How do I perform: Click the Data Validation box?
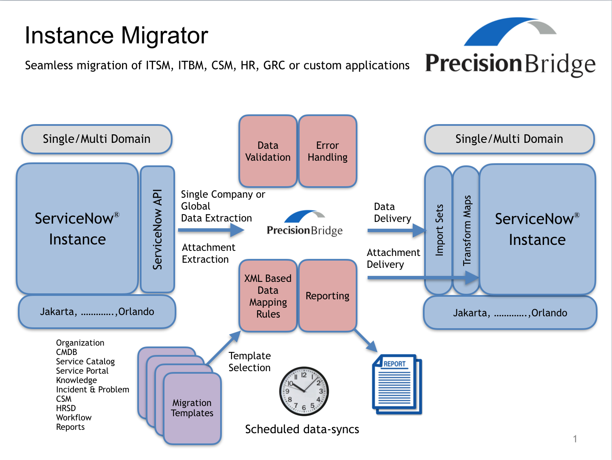268,151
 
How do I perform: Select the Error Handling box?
327,151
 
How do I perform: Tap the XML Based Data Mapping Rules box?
268,295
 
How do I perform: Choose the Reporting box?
327,295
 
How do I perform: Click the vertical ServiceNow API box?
157,229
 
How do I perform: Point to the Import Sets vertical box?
439,230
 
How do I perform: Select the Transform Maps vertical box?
467,230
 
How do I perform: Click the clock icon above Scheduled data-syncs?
303,391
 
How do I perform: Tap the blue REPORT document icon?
397,384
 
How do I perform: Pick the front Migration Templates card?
192,408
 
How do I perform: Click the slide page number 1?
575,439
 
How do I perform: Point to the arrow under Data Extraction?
211,230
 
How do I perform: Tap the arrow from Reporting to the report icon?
365,341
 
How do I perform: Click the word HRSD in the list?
66,408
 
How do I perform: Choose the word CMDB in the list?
67,352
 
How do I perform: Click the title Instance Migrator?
116,35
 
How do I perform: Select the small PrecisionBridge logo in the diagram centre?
304,223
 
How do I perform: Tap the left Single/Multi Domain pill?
96,139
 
